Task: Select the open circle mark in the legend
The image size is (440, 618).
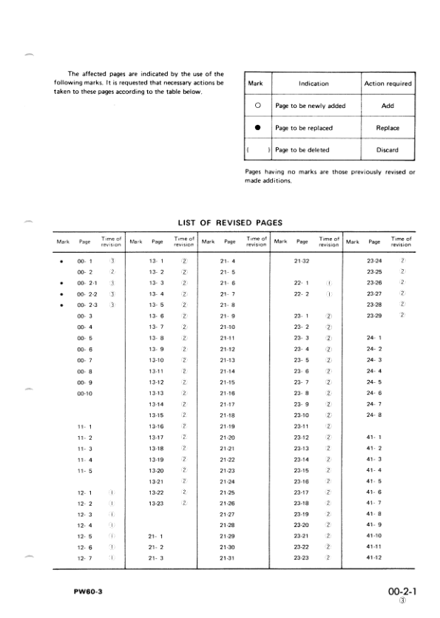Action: click(258, 106)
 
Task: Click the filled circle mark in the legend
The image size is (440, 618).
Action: click(258, 128)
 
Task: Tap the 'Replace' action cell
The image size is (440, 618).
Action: click(387, 128)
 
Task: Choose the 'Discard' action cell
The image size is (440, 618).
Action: click(387, 150)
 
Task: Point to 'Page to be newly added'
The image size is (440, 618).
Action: click(305, 106)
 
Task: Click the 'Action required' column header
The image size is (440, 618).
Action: click(387, 84)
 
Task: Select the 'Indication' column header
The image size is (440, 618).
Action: click(314, 84)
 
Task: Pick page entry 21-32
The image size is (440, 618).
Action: click(301, 261)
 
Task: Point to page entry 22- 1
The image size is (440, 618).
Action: click(301, 282)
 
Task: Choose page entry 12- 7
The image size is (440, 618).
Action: click(85, 557)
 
